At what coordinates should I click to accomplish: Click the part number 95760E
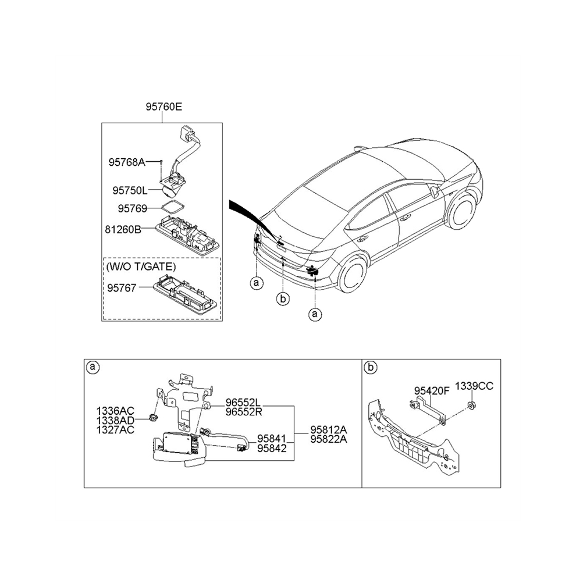(x=163, y=107)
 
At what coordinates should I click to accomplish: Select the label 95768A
(x=127, y=162)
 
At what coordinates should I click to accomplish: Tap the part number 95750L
(x=130, y=191)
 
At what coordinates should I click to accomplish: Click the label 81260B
(x=123, y=230)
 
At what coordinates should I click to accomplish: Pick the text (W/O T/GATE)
(x=141, y=266)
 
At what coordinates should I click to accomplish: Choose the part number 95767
(x=122, y=287)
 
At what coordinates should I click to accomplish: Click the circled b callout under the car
(x=283, y=299)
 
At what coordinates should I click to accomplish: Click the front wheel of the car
(x=462, y=212)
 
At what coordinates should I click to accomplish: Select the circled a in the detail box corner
(x=93, y=367)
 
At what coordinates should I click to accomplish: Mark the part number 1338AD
(x=115, y=420)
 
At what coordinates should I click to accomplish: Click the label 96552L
(x=243, y=403)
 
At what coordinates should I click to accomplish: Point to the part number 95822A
(x=328, y=439)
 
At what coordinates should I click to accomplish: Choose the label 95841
(x=272, y=439)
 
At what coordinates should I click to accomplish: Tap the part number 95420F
(x=432, y=391)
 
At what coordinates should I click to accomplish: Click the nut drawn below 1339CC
(x=471, y=406)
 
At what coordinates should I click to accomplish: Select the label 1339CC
(x=474, y=386)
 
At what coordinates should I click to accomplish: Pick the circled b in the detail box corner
(x=371, y=367)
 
